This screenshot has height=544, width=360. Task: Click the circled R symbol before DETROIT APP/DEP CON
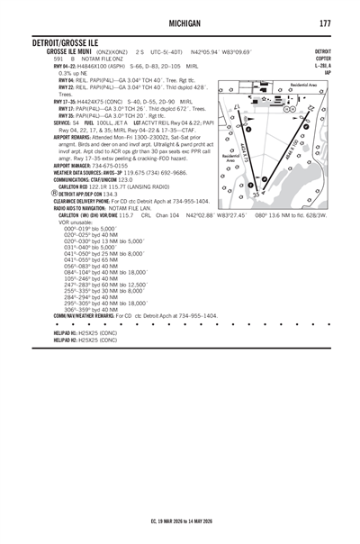tap(55, 192)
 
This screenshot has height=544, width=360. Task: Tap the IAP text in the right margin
tap(327, 72)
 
